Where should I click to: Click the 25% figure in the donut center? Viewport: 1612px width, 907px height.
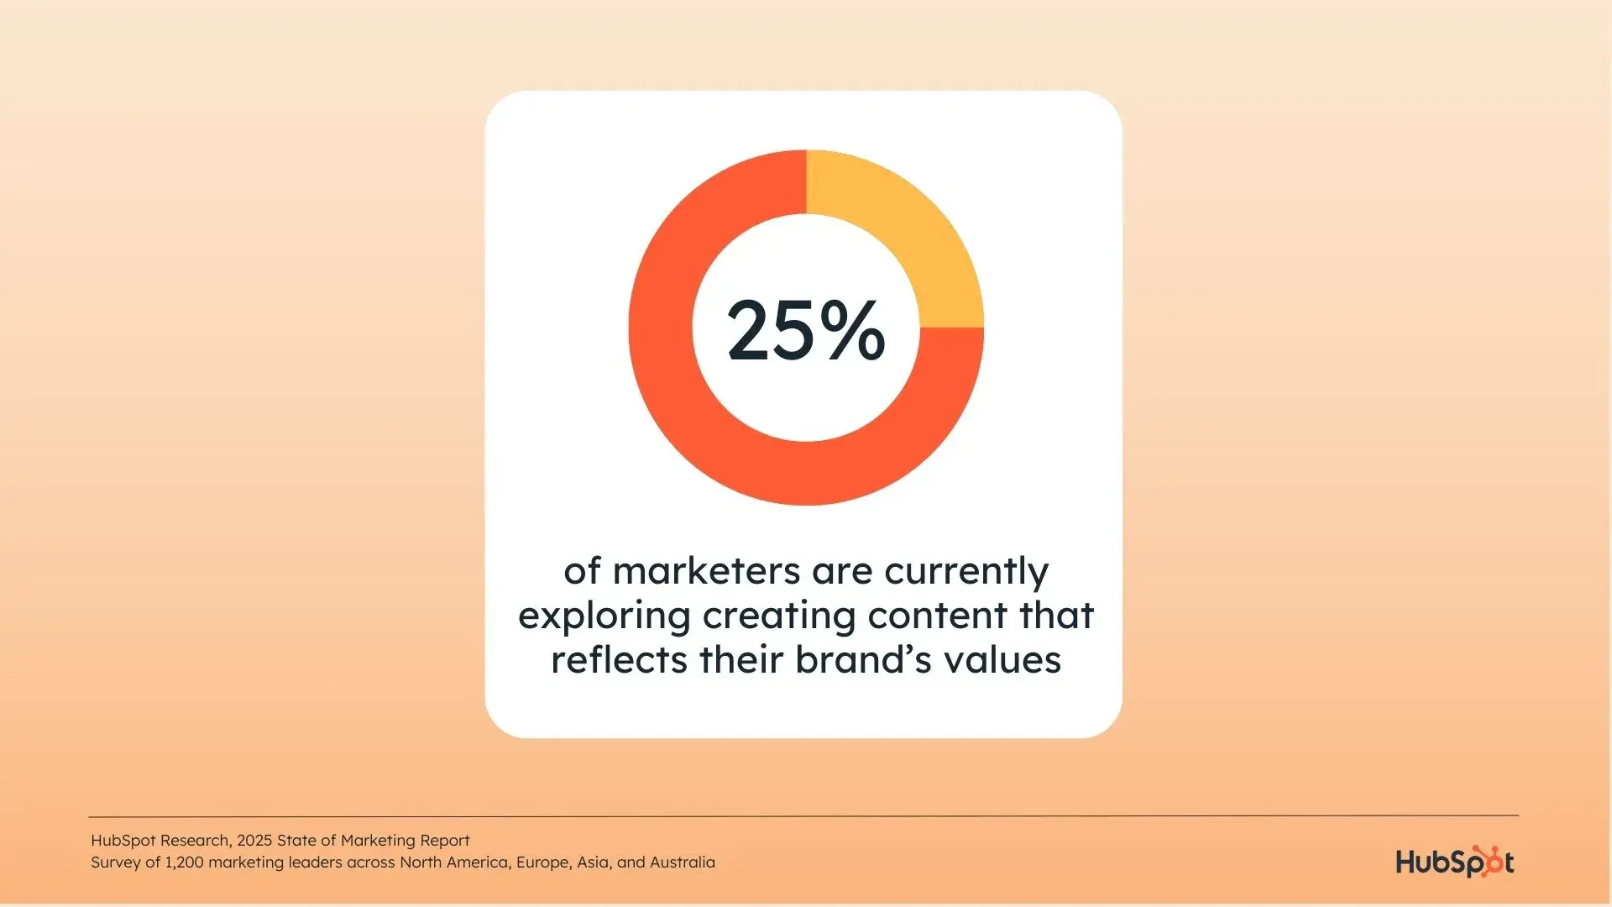tap(806, 330)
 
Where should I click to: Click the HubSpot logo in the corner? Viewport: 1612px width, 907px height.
tap(1455, 862)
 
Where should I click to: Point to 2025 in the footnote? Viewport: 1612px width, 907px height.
tap(254, 841)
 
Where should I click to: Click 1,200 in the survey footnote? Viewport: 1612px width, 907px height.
tap(184, 862)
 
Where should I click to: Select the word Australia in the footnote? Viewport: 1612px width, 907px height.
tap(683, 862)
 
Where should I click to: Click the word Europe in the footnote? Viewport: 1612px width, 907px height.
tap(543, 863)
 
